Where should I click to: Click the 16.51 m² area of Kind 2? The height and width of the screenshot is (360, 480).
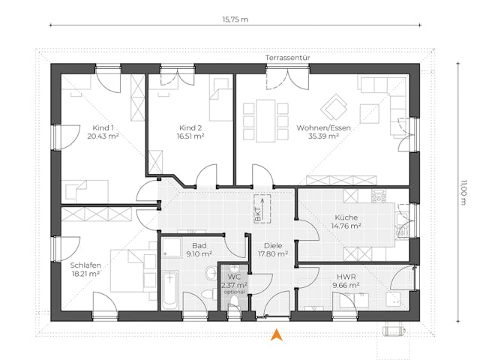[190, 137]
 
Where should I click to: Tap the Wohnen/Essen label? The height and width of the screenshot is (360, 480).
[323, 127]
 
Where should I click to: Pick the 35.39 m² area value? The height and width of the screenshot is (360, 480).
[323, 137]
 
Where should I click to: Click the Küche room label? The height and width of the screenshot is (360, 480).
[346, 217]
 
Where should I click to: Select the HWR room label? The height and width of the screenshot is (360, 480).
[346, 275]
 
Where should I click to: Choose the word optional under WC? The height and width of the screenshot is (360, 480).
[235, 292]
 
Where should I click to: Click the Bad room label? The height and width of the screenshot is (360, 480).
[199, 245]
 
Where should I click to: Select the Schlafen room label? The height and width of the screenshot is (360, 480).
[85, 265]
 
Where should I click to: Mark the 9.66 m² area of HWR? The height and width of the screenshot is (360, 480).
[346, 285]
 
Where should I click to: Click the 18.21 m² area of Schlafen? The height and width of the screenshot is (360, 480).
[85, 274]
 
